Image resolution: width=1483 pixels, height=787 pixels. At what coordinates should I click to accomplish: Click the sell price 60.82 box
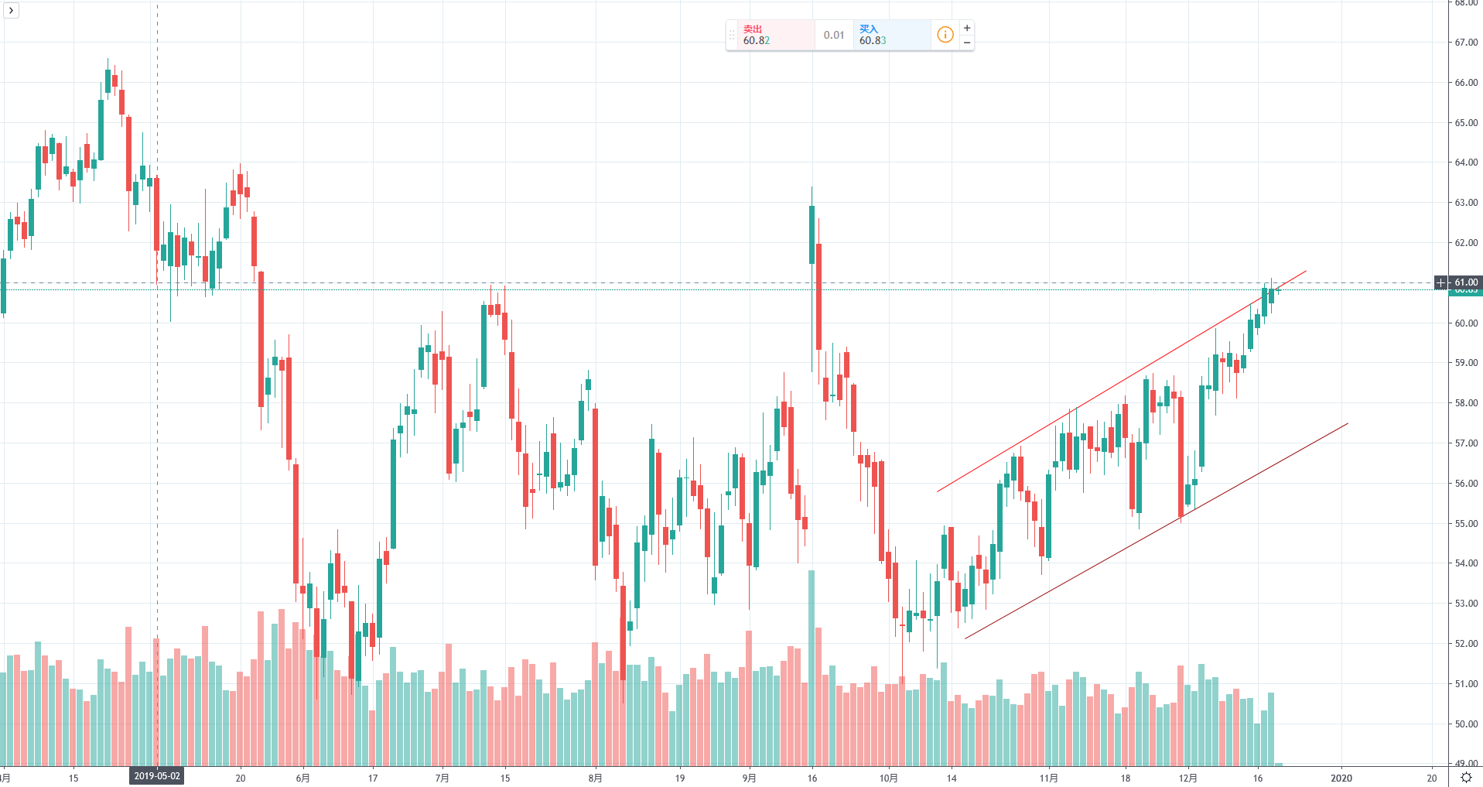click(x=770, y=36)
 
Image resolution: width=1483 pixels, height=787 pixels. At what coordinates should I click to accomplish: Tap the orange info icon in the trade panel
click(x=945, y=35)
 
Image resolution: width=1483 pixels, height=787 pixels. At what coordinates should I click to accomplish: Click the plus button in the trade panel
click(x=967, y=28)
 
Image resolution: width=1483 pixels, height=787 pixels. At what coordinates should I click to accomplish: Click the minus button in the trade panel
click(x=967, y=43)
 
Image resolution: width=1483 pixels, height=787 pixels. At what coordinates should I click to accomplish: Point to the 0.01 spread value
click(x=834, y=36)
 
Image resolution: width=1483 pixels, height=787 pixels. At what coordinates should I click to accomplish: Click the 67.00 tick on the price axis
click(x=1465, y=43)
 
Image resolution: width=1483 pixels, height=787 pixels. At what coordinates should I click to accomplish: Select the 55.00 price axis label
click(x=1465, y=524)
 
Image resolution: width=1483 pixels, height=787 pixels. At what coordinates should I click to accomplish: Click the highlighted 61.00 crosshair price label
click(x=1465, y=282)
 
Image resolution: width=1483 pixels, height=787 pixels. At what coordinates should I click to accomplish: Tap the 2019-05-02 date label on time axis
click(x=157, y=776)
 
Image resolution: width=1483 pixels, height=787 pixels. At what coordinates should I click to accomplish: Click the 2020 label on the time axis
click(x=1341, y=778)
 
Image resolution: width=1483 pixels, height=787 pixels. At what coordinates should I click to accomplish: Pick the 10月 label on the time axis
click(x=889, y=778)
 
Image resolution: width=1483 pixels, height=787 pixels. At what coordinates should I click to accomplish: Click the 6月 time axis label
click(x=302, y=778)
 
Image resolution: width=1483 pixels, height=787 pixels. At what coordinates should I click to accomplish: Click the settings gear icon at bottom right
click(x=1466, y=778)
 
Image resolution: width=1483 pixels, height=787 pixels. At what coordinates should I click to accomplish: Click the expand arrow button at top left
click(x=11, y=10)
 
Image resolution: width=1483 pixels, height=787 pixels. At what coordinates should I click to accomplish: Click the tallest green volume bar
click(x=812, y=666)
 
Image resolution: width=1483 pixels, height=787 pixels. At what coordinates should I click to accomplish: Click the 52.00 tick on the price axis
click(x=1465, y=644)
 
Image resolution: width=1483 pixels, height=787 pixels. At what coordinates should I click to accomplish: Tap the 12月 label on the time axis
click(x=1188, y=778)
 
